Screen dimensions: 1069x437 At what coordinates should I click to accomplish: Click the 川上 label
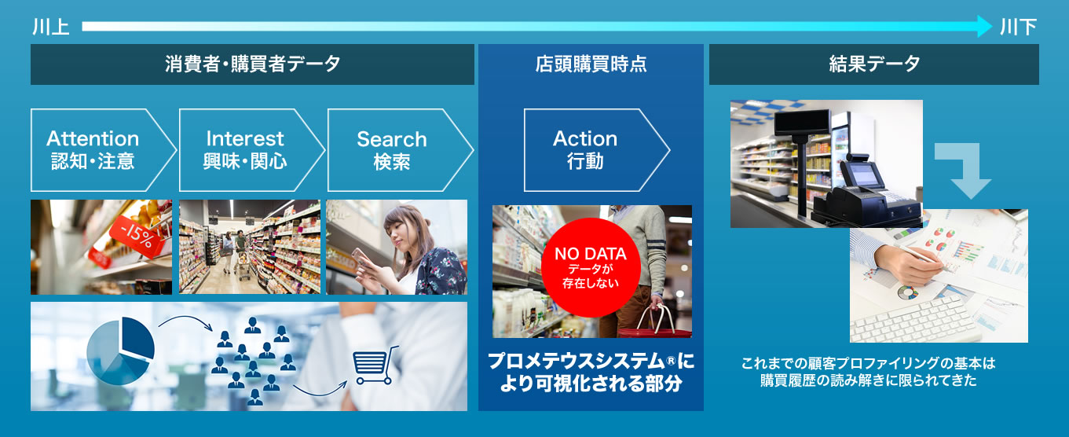coord(51,28)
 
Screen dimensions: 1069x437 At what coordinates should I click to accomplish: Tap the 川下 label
coord(1018,28)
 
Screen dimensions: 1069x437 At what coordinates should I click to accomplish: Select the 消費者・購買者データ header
coord(252,64)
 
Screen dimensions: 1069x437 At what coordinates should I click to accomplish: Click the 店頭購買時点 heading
coord(591,64)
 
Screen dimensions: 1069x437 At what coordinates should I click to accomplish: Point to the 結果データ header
coord(873,64)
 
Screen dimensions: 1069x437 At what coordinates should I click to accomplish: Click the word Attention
coord(93,138)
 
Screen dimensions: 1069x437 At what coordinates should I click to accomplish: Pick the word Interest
coord(245,138)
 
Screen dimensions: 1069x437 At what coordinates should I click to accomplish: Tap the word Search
coord(392,139)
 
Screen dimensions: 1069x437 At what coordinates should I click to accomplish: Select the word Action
coord(585,138)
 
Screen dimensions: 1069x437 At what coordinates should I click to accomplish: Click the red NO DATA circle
coord(591,267)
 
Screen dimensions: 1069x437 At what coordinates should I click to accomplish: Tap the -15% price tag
coord(138,237)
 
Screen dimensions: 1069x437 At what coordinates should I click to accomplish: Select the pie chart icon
coord(121,351)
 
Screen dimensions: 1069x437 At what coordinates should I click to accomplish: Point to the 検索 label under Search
coord(392,162)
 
